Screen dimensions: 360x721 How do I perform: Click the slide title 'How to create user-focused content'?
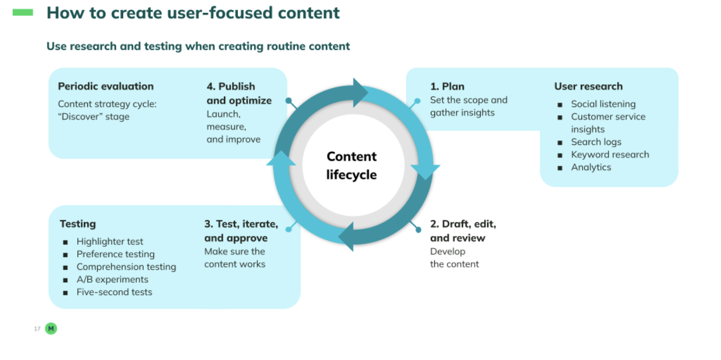pos(193,13)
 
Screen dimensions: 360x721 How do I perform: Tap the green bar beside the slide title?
pos(23,12)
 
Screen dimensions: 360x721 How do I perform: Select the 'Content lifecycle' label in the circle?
pos(351,165)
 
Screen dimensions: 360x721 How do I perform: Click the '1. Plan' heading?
pos(447,87)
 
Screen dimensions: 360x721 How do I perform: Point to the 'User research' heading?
pos(588,86)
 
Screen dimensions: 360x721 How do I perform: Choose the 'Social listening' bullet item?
pos(603,104)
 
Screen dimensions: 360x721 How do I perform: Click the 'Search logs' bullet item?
pos(596,142)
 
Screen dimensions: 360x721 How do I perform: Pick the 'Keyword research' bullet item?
pos(610,155)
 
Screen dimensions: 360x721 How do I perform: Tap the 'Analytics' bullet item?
pos(591,167)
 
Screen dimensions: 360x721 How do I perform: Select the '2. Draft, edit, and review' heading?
pos(462,231)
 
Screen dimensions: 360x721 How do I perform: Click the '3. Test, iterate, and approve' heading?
pos(241,231)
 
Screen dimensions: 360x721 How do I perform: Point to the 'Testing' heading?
pos(77,224)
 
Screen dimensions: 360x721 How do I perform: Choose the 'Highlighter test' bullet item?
pos(110,242)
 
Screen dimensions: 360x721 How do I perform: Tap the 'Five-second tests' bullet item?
pos(114,292)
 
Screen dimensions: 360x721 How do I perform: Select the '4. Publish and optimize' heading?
pos(239,93)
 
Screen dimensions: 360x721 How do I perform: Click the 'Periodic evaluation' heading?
pos(106,86)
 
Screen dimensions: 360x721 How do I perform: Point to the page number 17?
pos(37,329)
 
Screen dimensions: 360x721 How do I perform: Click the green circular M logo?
pos(51,329)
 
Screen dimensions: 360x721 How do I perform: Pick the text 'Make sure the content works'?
pos(234,258)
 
